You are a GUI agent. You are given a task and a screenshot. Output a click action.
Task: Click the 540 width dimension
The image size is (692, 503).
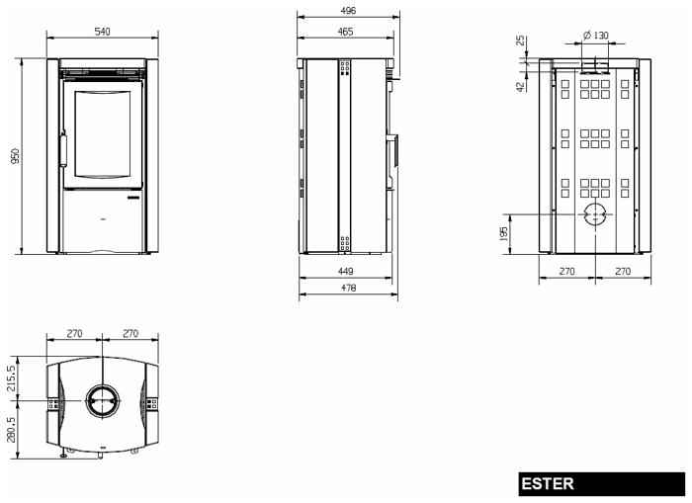click(x=103, y=32)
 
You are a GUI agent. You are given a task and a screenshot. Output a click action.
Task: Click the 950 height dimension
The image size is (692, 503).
click(x=15, y=156)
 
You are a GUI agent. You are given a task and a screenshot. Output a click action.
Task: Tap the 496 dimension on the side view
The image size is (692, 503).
click(x=348, y=10)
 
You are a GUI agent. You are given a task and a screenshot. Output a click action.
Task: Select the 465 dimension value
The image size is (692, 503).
click(x=345, y=32)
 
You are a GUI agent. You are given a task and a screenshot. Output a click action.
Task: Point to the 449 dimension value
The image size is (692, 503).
click(x=345, y=271)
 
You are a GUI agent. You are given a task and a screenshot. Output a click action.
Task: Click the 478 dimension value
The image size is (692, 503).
click(x=348, y=288)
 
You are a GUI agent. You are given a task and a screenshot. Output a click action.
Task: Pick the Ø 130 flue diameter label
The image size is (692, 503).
click(x=595, y=35)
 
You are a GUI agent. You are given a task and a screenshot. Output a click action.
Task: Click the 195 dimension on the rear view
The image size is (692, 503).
click(x=503, y=234)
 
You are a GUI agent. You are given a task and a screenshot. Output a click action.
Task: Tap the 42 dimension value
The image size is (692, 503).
click(x=521, y=87)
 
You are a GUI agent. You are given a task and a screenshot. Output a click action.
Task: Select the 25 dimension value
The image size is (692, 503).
click(x=521, y=41)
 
